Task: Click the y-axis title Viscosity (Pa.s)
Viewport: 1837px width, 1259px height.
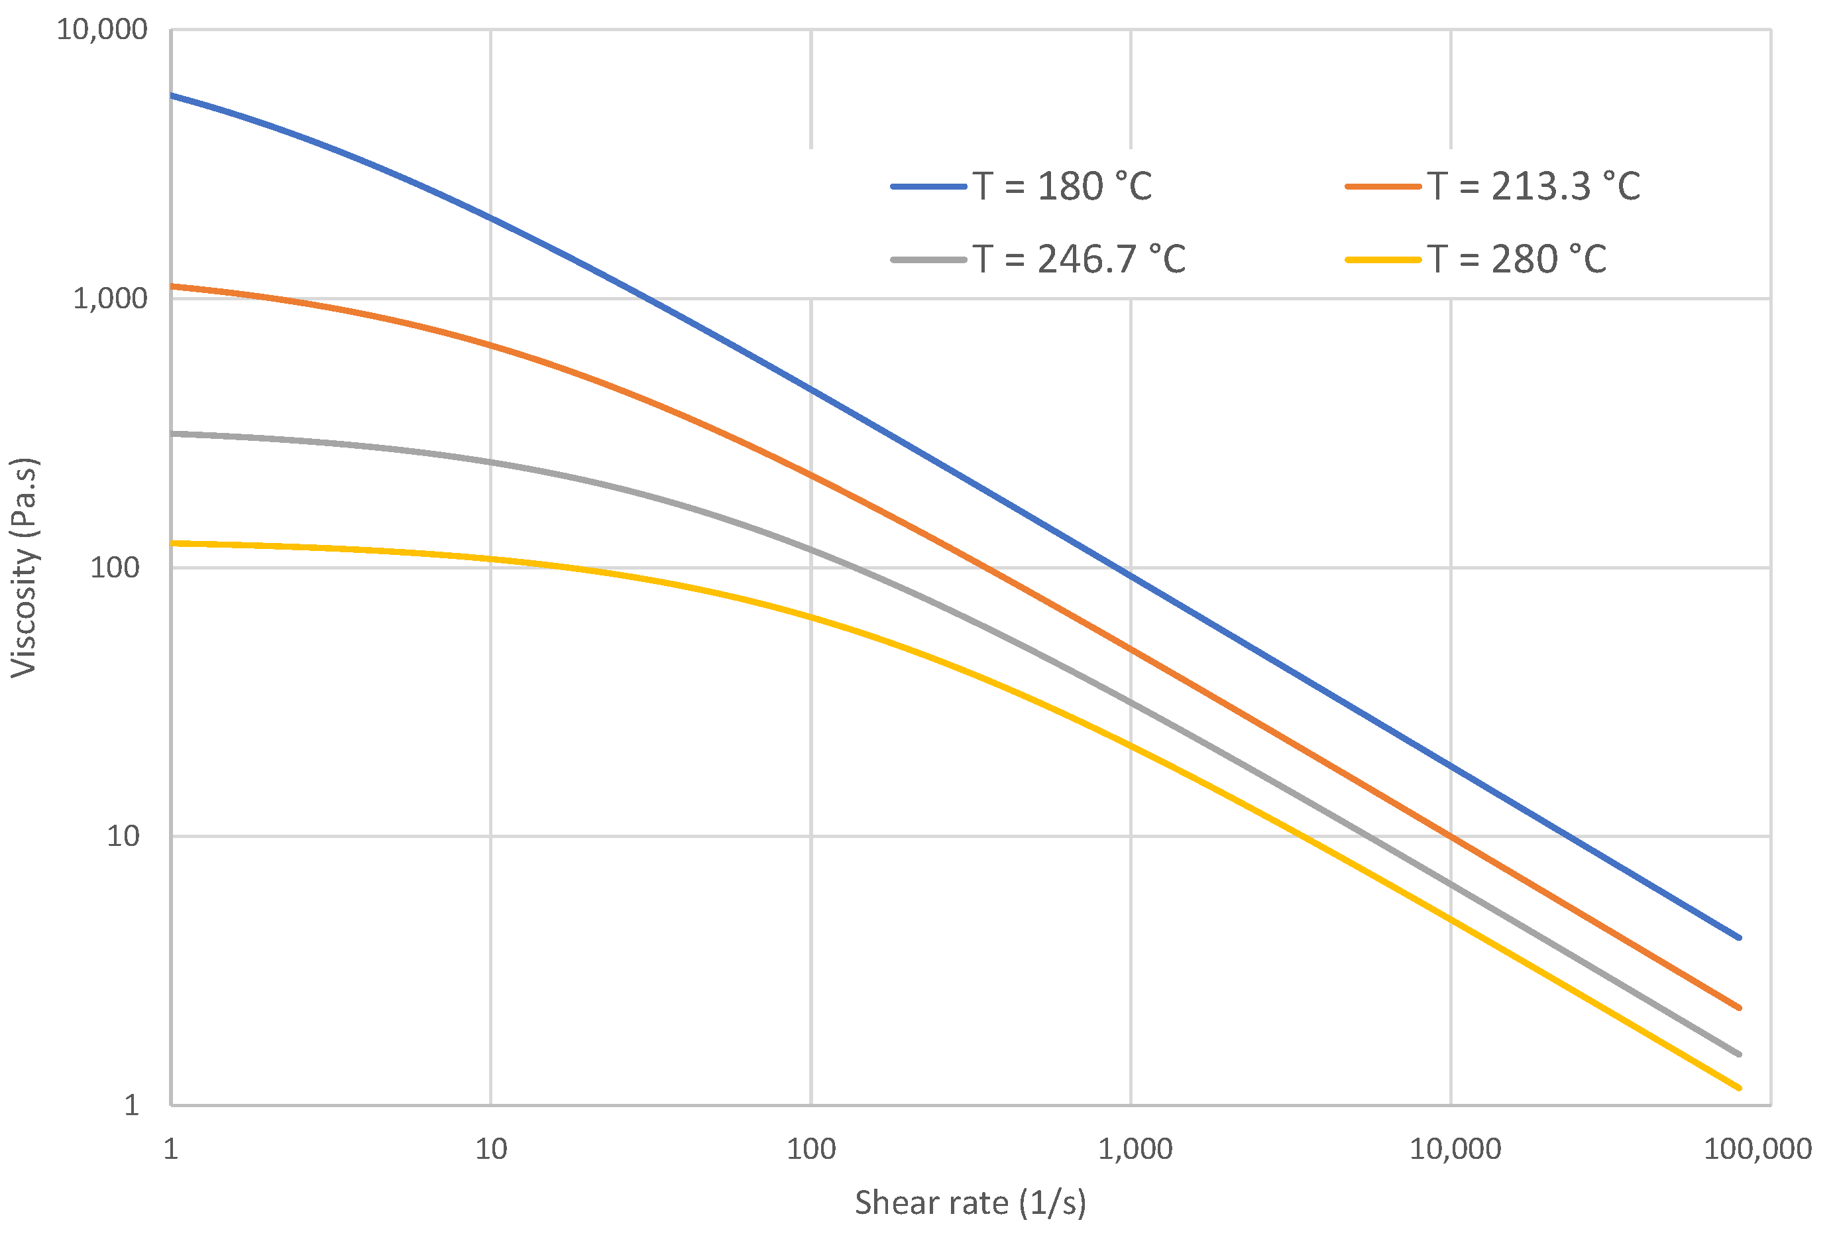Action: coord(24,567)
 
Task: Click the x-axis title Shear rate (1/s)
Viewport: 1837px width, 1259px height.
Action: coord(970,1203)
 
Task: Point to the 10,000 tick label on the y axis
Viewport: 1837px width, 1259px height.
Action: coord(102,30)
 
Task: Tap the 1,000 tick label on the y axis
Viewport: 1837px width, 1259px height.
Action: coord(110,299)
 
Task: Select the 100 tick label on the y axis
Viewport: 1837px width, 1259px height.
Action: coord(115,568)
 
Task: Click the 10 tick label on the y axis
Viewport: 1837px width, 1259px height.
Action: coord(123,836)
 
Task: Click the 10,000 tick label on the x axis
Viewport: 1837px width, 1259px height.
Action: coord(1455,1149)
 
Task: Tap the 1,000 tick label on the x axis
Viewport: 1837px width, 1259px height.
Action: coord(1135,1149)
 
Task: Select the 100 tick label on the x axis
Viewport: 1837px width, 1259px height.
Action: coord(811,1149)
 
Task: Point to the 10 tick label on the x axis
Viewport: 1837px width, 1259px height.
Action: coord(491,1149)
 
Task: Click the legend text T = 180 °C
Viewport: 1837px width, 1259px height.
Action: coord(1062,187)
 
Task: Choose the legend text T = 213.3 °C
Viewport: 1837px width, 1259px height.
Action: coord(1533,187)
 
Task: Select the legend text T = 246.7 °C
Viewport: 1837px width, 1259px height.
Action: coord(1079,259)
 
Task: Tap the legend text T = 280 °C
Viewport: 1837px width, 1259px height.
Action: coord(1517,259)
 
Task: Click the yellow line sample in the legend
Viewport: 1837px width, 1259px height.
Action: coord(1383,259)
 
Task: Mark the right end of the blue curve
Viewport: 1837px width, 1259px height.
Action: coord(1739,938)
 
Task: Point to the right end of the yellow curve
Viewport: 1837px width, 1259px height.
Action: coord(1739,1088)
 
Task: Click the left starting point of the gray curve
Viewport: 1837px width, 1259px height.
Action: coord(172,434)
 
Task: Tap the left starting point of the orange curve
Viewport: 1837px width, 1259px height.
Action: coord(172,286)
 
